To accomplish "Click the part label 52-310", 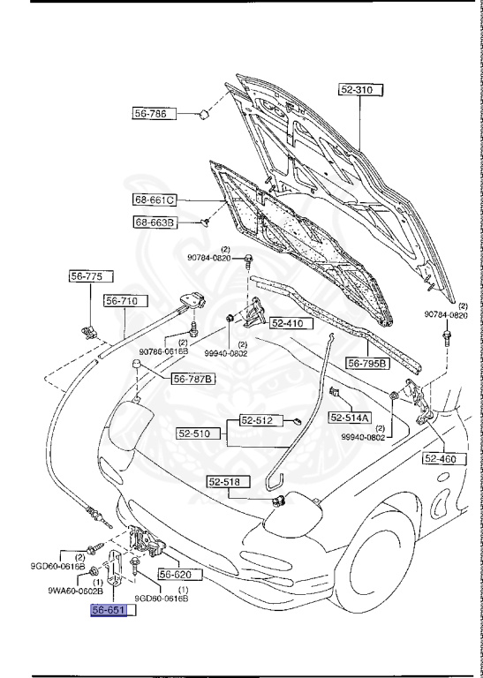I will point(359,89).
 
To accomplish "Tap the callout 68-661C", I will point(155,200).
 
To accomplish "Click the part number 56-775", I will point(87,276).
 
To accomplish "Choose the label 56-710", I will point(122,301).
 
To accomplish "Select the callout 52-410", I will point(286,323).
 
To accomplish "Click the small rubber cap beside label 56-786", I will point(202,113).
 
